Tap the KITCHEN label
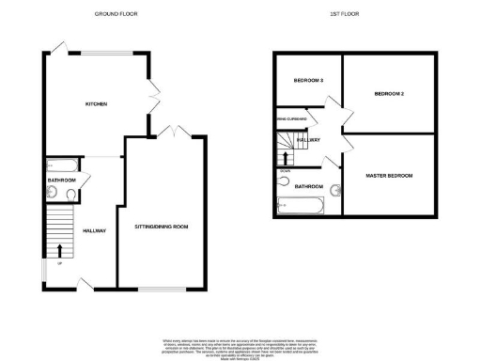pyautogui.click(x=95, y=103)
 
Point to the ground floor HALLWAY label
pyautogui.click(x=95, y=230)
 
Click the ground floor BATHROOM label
pyautogui.click(x=62, y=179)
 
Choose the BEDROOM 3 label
pyautogui.click(x=308, y=80)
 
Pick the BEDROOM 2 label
pyautogui.click(x=388, y=94)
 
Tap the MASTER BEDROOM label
pyautogui.click(x=388, y=176)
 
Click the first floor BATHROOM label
pyautogui.click(x=309, y=186)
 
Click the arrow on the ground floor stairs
pyautogui.click(x=62, y=250)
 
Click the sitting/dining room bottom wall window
pyautogui.click(x=158, y=287)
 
